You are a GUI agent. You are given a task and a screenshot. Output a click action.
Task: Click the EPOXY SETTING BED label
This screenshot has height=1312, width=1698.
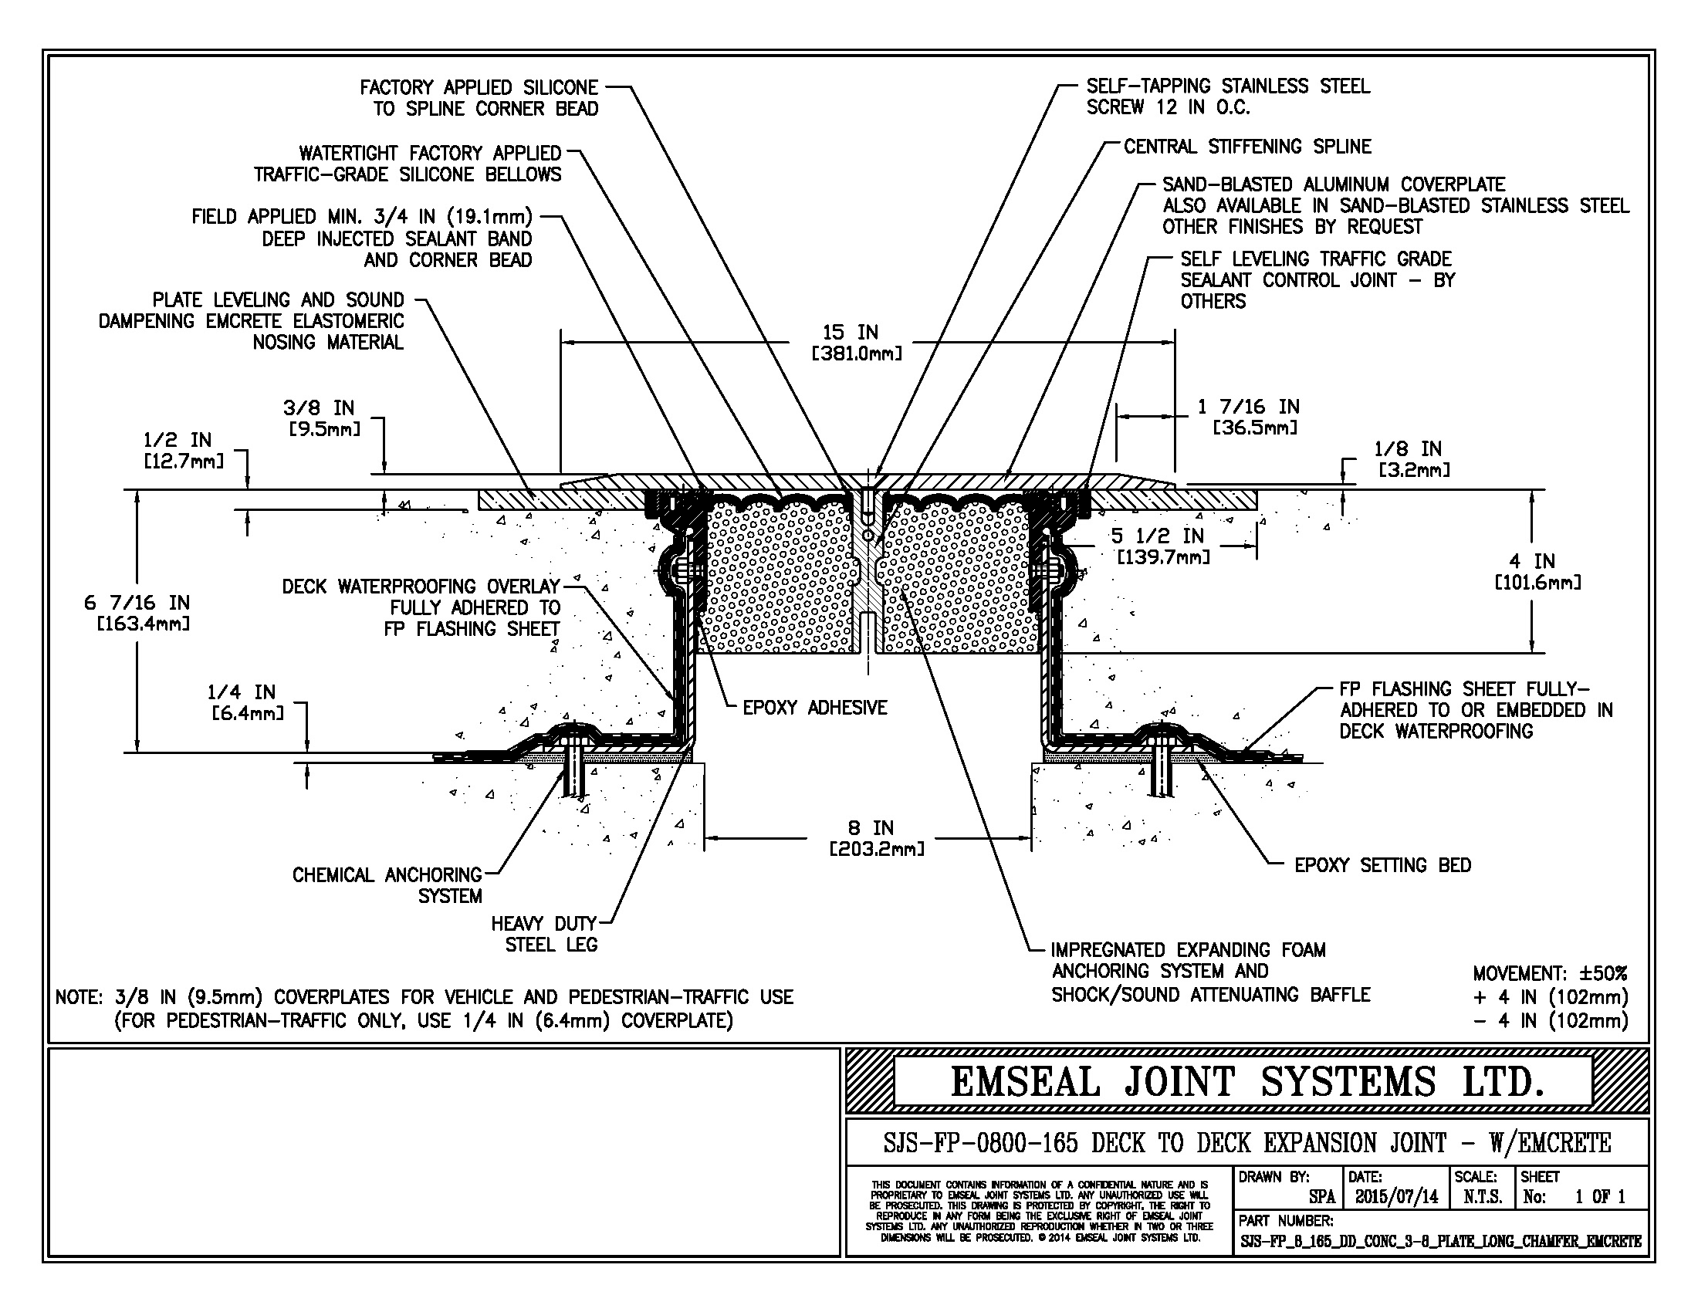[1382, 865]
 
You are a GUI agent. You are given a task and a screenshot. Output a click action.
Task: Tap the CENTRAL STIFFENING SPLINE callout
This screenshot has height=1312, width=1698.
[1247, 146]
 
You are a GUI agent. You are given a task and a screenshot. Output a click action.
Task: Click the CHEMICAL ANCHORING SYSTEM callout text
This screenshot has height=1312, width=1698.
[387, 885]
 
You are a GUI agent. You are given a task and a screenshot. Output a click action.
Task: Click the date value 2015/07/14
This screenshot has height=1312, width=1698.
[1396, 1197]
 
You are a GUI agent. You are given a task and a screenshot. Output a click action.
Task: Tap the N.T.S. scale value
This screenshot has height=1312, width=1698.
[1482, 1197]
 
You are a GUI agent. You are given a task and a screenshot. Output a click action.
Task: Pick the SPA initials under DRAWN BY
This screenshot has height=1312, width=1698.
[1321, 1197]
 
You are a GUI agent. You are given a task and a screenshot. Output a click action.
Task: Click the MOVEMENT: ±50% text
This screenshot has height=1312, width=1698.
[1550, 973]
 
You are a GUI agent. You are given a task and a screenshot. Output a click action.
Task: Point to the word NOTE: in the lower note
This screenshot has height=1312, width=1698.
[78, 997]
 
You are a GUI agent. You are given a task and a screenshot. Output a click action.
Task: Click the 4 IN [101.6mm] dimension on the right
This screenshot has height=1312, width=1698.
[1537, 571]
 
